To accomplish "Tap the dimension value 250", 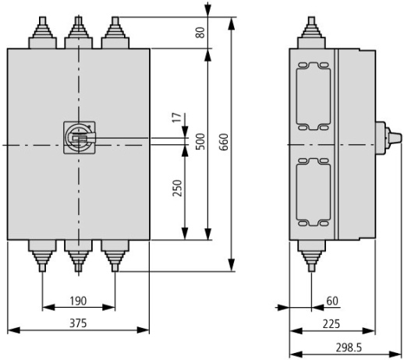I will tap(177, 191).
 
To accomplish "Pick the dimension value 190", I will tap(78, 300).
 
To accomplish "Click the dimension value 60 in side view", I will tap(333, 300).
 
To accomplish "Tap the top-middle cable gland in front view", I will tap(77, 33).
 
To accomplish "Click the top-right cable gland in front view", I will tap(114, 33).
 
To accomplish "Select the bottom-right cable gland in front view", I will tap(114, 255).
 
